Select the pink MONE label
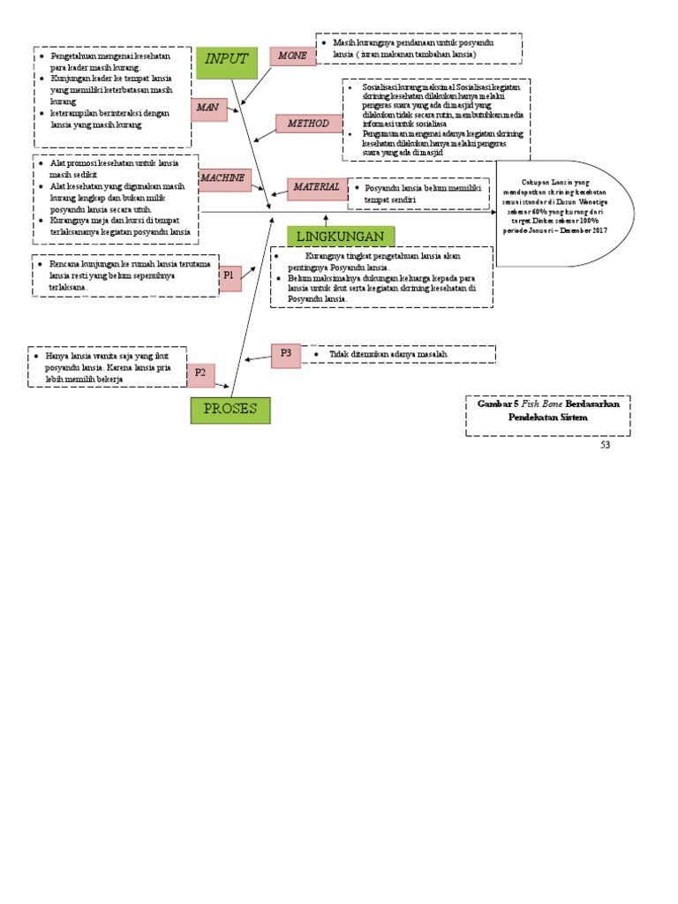point(292,56)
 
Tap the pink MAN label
point(208,108)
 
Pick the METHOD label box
point(307,124)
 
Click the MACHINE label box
point(224,179)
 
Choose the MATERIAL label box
point(316,187)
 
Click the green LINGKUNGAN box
point(340,237)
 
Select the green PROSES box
point(230,410)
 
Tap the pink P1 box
point(229,276)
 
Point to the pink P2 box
point(200,374)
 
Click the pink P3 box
point(286,353)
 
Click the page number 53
point(605,445)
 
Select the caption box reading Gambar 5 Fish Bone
point(547,415)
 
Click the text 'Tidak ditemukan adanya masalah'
point(388,354)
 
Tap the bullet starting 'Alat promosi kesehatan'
point(115,169)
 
